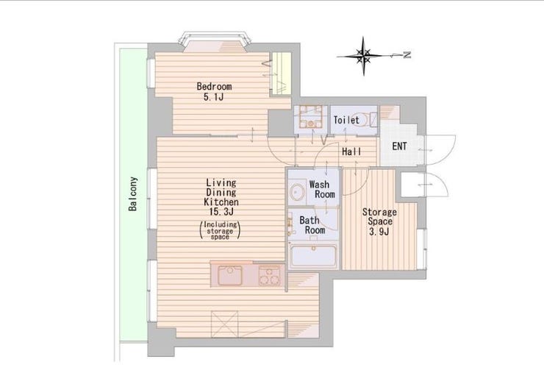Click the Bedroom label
point(214,86)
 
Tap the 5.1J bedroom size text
point(213,97)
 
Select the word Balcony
point(133,194)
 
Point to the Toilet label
point(346,120)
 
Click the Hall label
point(351,152)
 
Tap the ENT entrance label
point(399,146)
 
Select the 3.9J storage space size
point(379,232)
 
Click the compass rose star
point(363,55)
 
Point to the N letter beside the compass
point(407,54)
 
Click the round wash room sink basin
point(298,191)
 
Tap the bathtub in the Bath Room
point(314,255)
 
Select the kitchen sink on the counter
point(230,275)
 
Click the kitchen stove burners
point(270,276)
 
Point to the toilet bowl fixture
point(364,120)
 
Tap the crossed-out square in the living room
point(225,324)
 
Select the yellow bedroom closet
point(281,74)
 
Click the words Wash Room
point(322,189)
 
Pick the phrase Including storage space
point(221,230)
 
